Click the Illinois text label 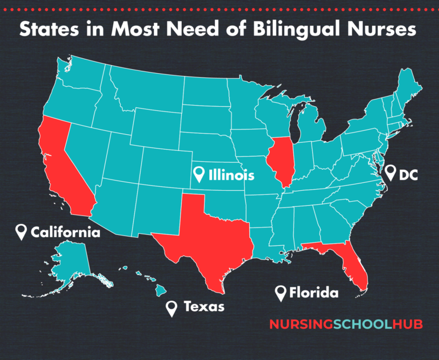(x=232, y=175)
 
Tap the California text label (x=66, y=232)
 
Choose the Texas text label (x=203, y=307)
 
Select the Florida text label (x=314, y=293)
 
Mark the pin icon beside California (x=22, y=231)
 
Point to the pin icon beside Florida (x=281, y=293)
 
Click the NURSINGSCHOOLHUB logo (x=345, y=325)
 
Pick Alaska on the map (x=71, y=260)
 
